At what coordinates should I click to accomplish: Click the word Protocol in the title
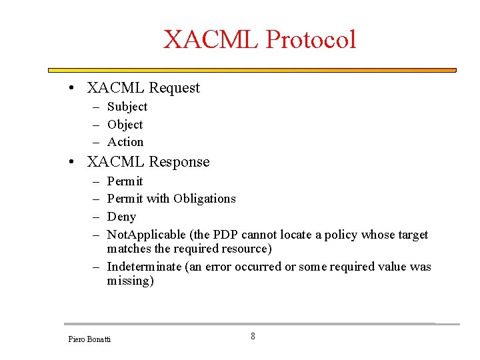311,40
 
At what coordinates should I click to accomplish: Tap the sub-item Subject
127,107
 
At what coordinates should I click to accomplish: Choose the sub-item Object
125,125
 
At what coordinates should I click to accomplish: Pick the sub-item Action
125,142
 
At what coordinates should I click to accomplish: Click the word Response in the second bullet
179,162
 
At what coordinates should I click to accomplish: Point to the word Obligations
205,199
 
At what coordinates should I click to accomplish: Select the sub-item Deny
121,217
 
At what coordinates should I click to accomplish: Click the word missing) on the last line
130,281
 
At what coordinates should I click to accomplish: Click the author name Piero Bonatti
89,339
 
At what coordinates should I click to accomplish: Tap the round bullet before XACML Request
78,88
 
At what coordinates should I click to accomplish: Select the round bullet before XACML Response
78,162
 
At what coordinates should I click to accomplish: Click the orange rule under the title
252,70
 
